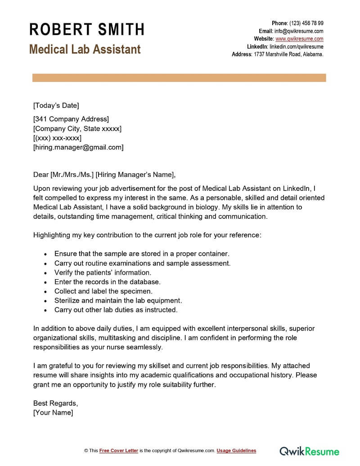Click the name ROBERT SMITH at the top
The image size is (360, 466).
point(87,30)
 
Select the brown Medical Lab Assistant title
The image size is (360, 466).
point(85,49)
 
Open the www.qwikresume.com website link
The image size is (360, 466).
point(299,39)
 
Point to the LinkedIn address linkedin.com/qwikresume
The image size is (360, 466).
point(297,46)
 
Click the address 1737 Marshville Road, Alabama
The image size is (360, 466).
point(288,54)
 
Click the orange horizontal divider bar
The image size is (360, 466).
point(179,78)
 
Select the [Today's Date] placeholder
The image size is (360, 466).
point(56,106)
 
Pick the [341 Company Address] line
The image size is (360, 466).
point(71,119)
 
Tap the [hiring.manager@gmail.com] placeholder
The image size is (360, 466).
point(78,147)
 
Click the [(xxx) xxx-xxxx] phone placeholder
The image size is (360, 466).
point(57,138)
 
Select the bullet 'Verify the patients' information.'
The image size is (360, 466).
point(103,273)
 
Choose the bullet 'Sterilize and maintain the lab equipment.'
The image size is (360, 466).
point(118,301)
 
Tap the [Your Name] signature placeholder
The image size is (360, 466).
point(53,412)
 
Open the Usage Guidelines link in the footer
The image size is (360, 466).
point(236,451)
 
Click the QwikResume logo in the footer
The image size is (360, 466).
point(310,451)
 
